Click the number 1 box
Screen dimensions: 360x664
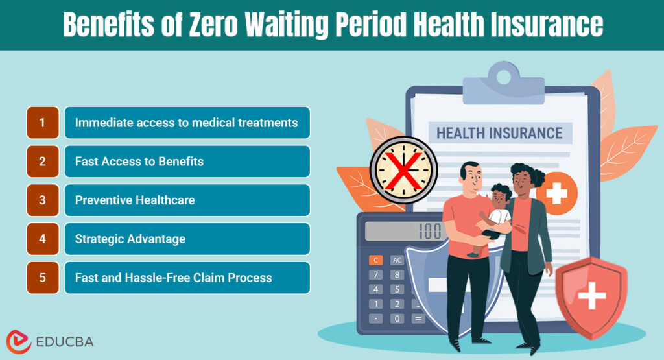click(x=42, y=123)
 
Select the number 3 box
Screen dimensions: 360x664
click(x=42, y=200)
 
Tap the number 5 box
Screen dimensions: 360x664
click(x=42, y=278)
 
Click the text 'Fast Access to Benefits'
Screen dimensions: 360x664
click(x=139, y=162)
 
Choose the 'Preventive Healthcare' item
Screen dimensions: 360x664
click(x=135, y=200)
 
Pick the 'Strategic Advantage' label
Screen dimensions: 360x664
click(x=130, y=239)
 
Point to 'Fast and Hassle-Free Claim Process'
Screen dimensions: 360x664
click(x=173, y=278)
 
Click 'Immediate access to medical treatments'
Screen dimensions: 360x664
click(x=186, y=123)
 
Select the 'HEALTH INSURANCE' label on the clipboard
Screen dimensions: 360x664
click(x=499, y=134)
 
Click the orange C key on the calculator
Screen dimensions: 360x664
click(x=375, y=260)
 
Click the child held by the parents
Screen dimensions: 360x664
click(x=498, y=214)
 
